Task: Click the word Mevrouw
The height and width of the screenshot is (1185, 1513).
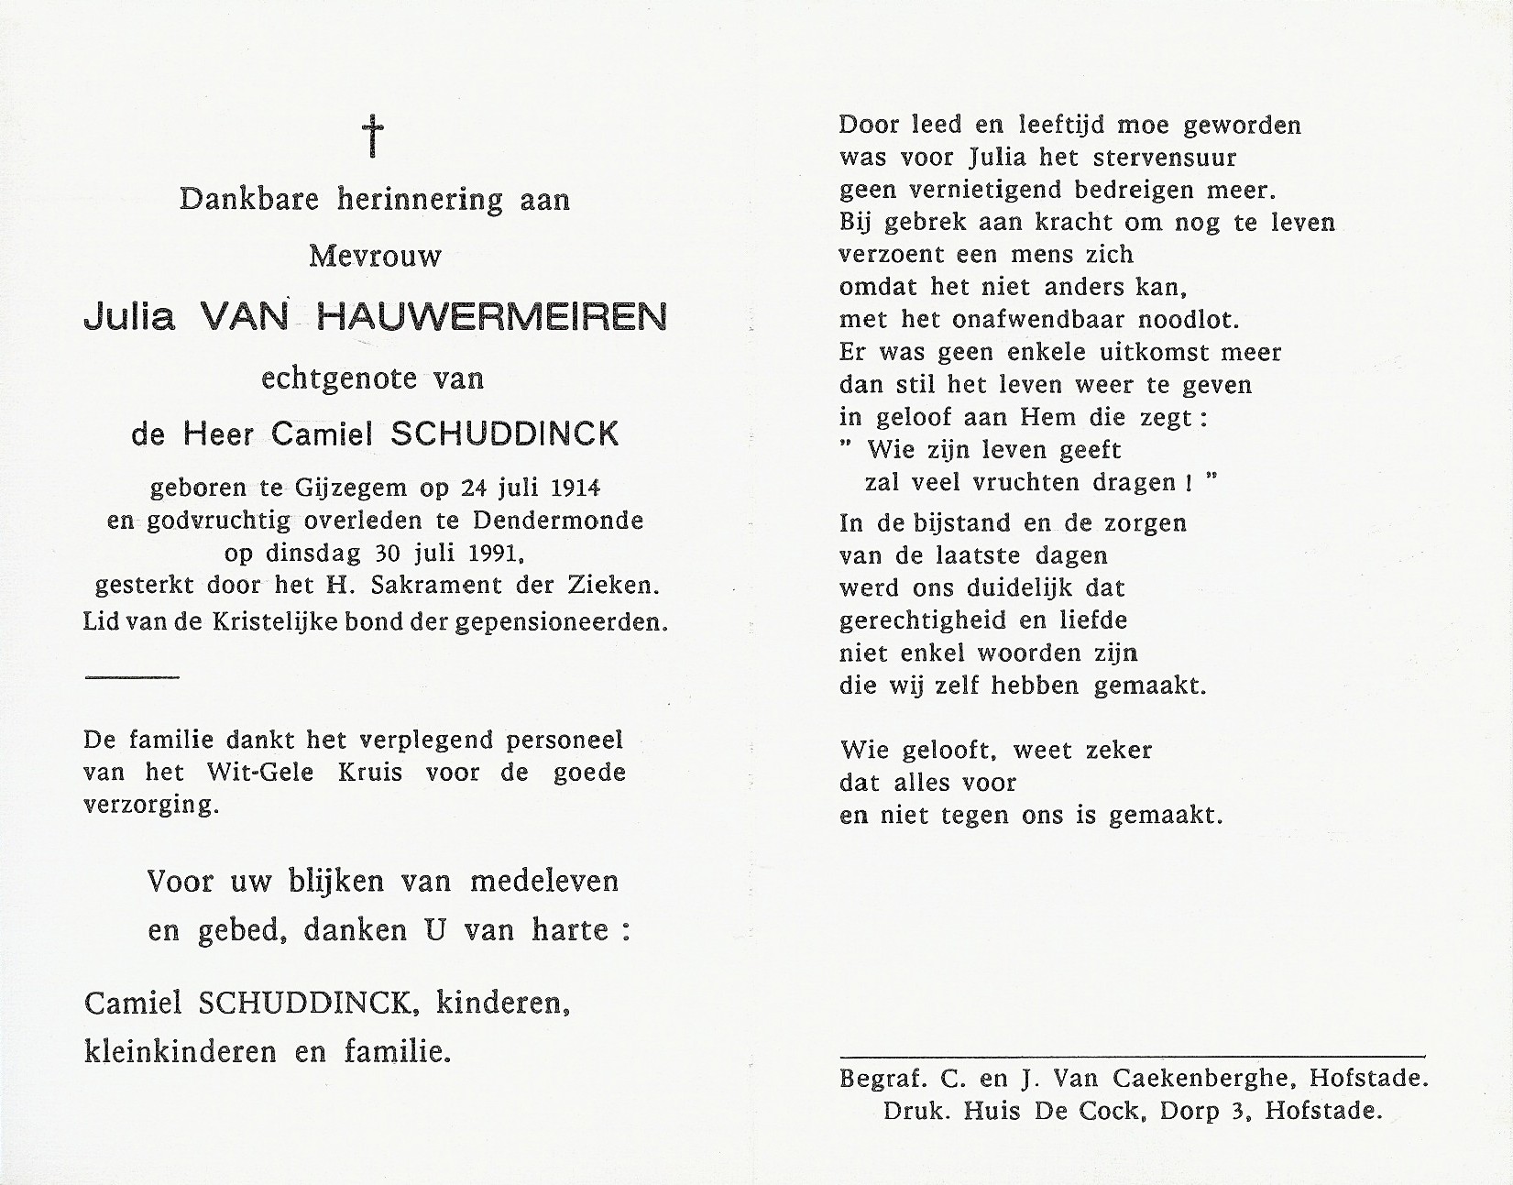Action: [375, 255]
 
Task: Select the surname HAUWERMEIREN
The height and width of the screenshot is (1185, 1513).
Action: [491, 317]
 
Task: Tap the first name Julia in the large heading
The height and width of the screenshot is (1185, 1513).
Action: [129, 317]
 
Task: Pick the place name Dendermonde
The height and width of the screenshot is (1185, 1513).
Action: [558, 520]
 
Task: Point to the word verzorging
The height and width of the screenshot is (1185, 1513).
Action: [151, 806]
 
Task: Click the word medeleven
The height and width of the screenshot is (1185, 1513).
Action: [544, 881]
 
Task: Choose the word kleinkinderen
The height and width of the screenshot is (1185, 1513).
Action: [181, 1051]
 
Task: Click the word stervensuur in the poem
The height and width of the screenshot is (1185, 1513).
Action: [1165, 157]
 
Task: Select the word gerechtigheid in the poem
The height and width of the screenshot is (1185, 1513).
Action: [926, 620]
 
